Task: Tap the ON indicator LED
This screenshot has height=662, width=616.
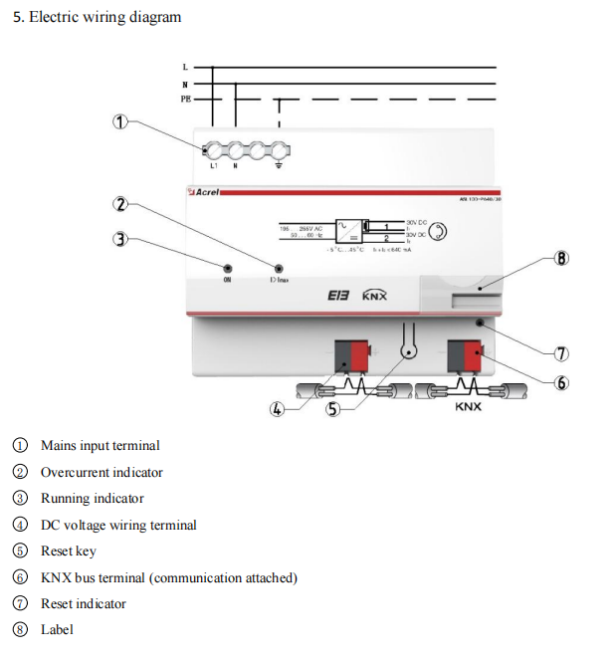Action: point(228,269)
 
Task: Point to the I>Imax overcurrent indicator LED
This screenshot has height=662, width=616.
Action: point(279,269)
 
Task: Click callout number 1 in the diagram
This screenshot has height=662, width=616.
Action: point(120,121)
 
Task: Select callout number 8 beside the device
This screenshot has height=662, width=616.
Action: point(561,259)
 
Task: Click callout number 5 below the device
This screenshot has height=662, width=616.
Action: point(334,410)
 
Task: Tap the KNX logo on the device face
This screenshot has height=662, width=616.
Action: point(374,296)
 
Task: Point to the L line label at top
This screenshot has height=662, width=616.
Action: point(185,67)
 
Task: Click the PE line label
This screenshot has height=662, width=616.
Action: point(185,100)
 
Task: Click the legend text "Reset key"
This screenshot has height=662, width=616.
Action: point(68,551)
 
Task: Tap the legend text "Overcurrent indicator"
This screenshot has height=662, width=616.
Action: point(102,472)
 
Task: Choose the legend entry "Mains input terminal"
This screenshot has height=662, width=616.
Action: point(100,446)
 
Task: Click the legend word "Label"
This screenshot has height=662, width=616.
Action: point(57,629)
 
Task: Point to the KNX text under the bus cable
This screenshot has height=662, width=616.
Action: point(468,406)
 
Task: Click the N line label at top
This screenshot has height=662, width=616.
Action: point(185,84)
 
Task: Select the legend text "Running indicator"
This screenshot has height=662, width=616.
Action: point(92,499)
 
